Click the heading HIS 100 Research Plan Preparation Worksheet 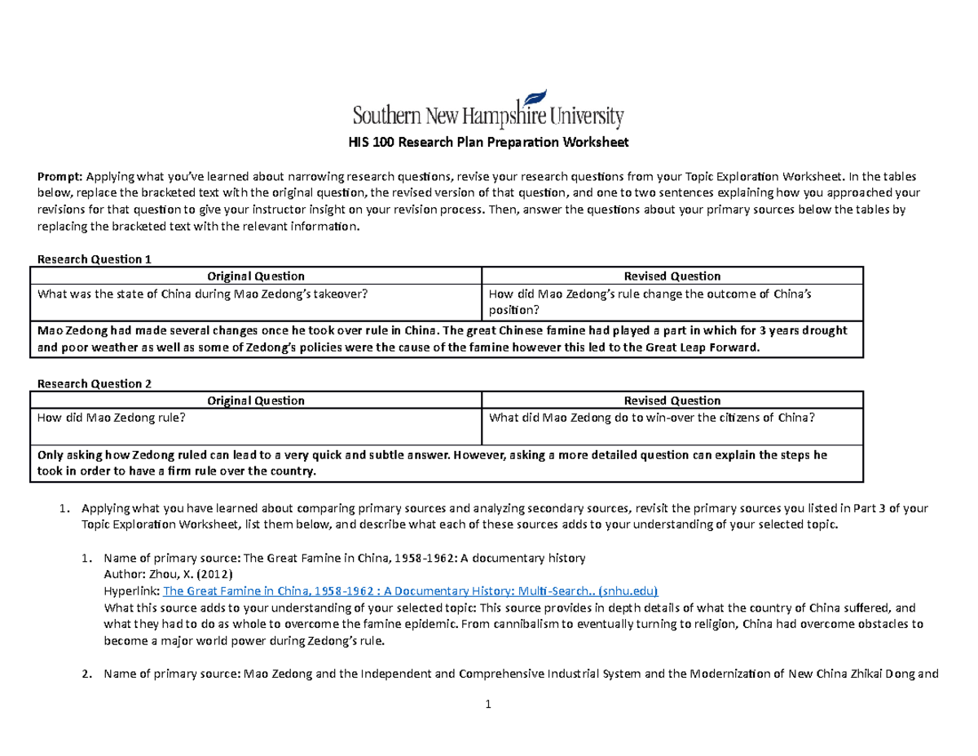click(x=488, y=144)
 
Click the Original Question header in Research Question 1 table click(x=255, y=276)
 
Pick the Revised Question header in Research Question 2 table click(x=672, y=400)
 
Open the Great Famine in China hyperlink click(x=411, y=591)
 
